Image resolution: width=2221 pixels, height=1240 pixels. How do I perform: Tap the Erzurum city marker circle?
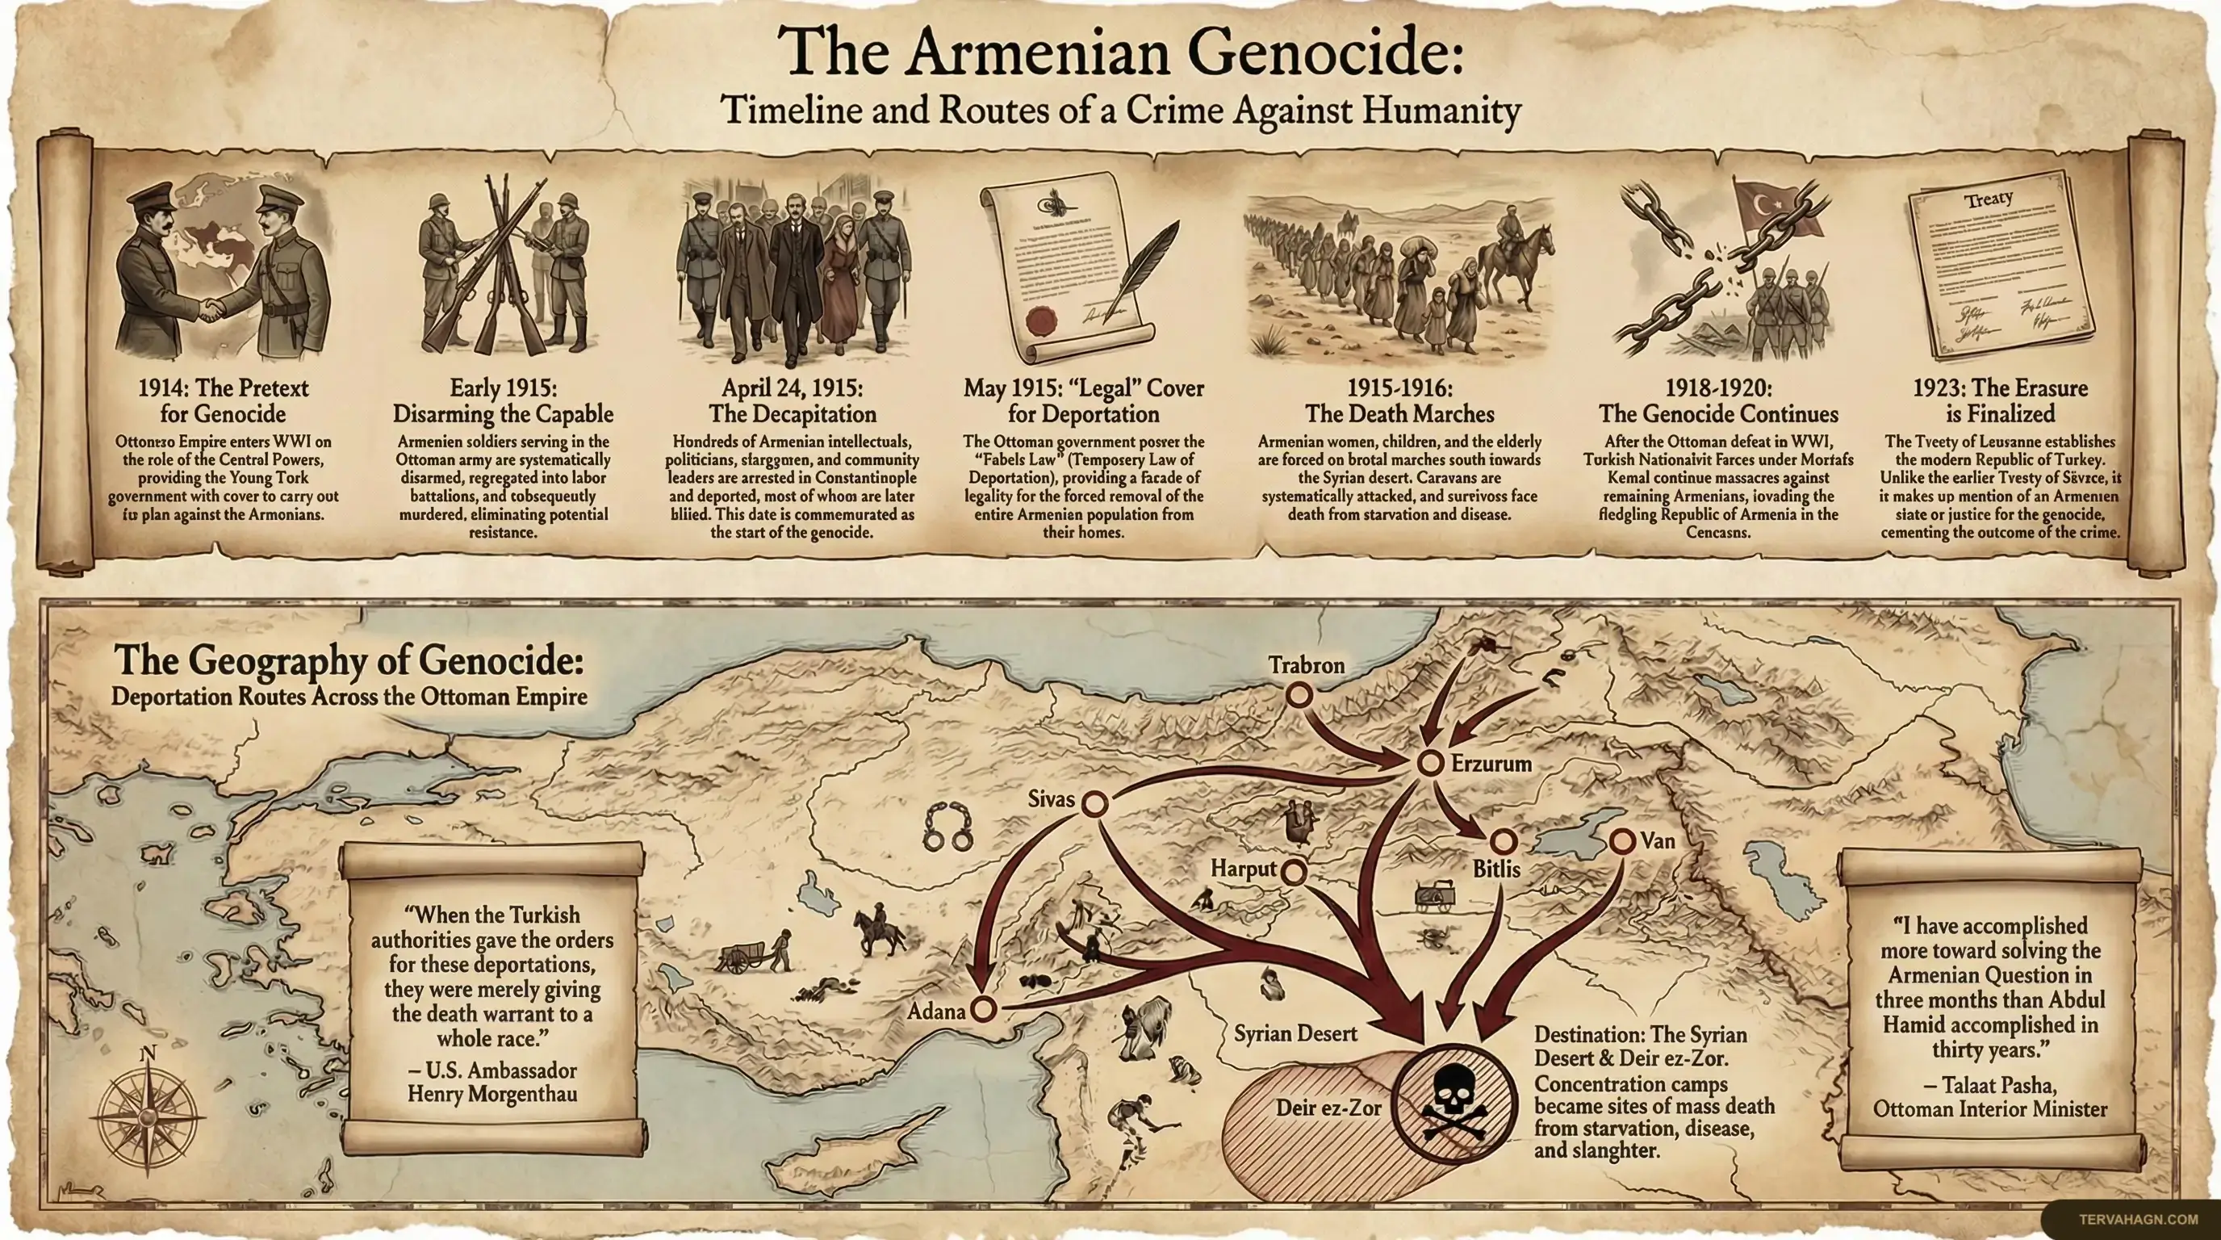(x=1430, y=762)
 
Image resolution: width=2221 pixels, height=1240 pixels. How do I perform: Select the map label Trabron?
(x=1307, y=665)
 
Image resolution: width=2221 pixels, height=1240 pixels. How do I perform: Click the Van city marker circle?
(x=1622, y=840)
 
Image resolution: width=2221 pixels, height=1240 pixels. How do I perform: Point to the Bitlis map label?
(x=1496, y=869)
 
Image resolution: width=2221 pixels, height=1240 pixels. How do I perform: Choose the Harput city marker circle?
(x=1293, y=871)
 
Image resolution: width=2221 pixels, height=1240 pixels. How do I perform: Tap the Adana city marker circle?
(x=983, y=1008)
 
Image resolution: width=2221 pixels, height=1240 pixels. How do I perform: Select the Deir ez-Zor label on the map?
(x=1328, y=1108)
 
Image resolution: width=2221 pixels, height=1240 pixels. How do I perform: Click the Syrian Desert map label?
(x=1295, y=1033)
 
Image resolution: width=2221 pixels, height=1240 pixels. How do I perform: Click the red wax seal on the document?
(x=1040, y=320)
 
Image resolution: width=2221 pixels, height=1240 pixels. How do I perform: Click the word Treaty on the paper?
(x=1989, y=199)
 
